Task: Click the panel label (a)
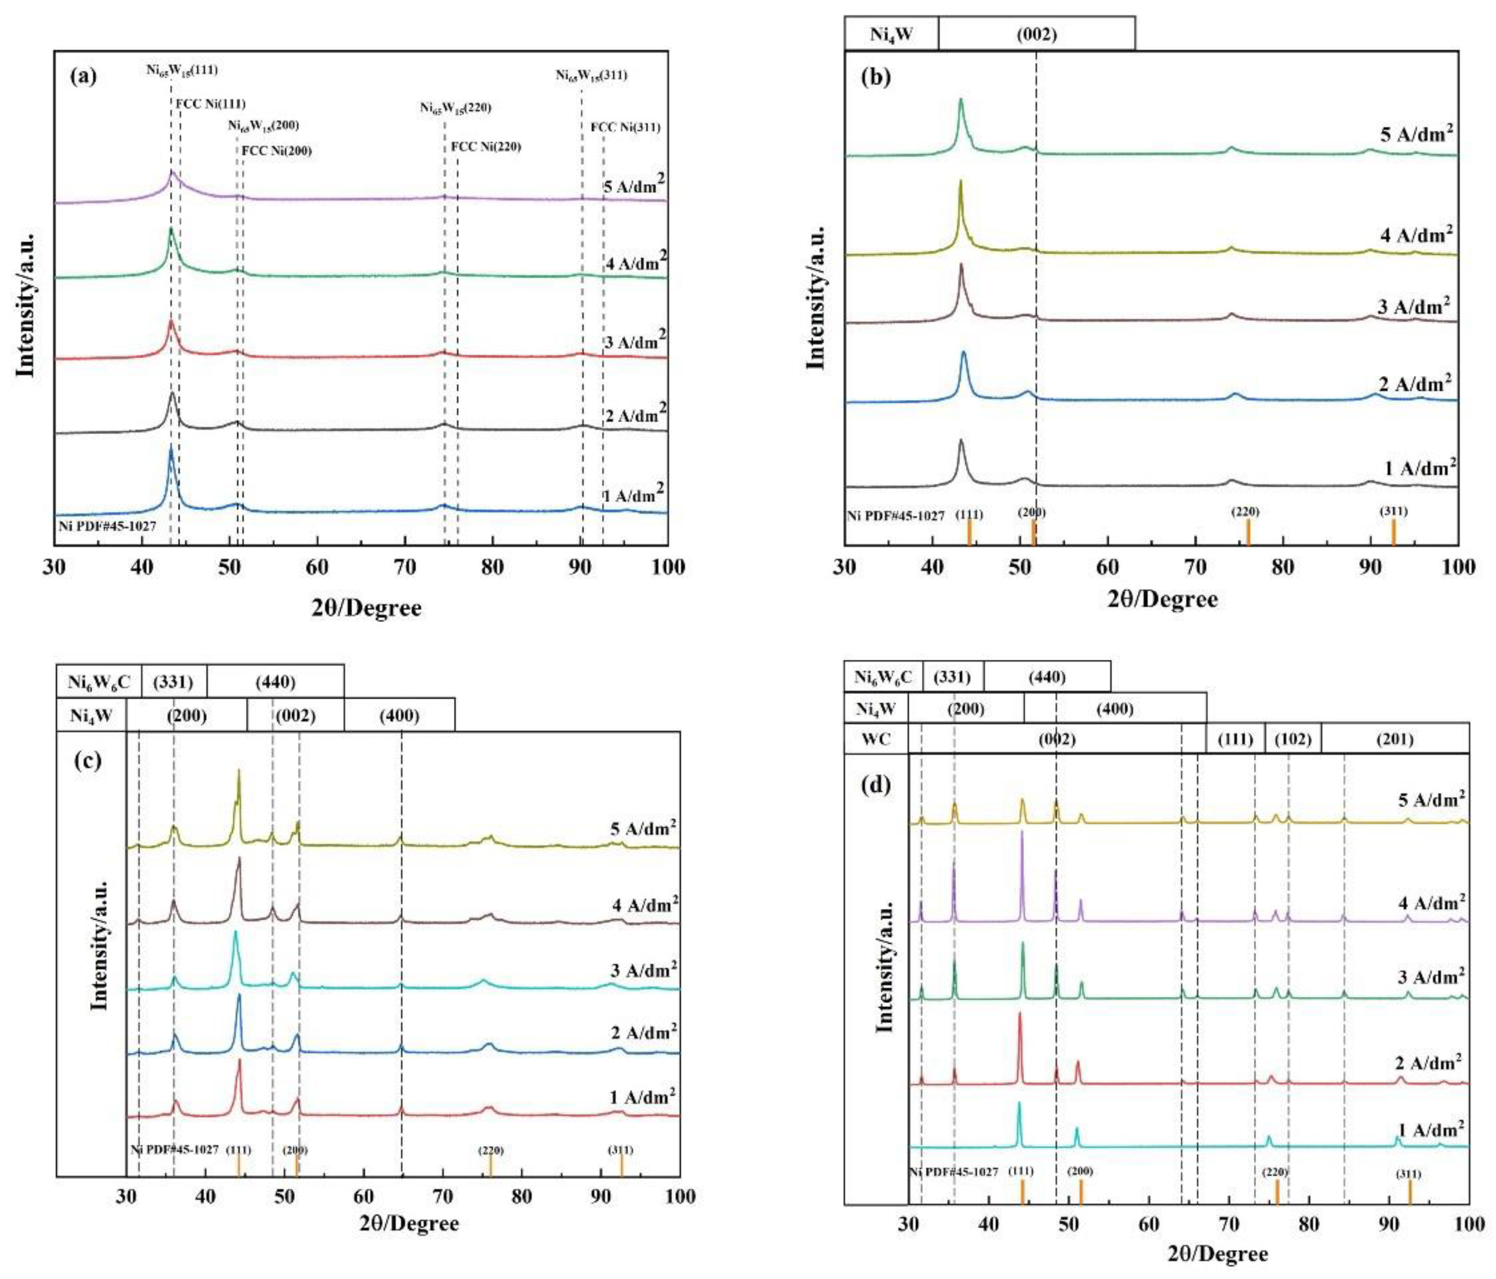point(82,77)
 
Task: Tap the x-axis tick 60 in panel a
point(317,567)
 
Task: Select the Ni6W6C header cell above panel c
point(99,681)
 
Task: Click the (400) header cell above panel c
point(399,715)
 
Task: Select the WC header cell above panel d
point(875,740)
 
